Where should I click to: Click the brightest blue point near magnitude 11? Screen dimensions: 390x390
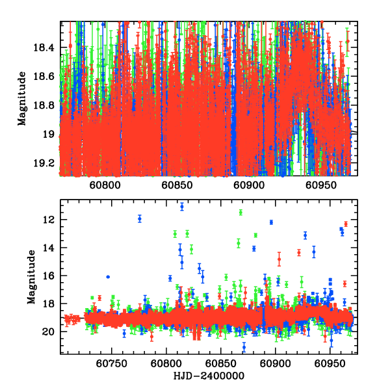point(181,207)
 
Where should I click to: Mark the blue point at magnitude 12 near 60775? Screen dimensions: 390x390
point(140,218)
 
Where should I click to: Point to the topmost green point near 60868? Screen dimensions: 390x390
point(240,213)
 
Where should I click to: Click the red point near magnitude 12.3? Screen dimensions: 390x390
point(346,224)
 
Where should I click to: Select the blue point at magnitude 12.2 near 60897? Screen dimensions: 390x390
point(271,222)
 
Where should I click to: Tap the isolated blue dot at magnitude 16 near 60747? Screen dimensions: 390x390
point(108,277)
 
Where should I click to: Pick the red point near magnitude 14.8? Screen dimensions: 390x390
point(279,259)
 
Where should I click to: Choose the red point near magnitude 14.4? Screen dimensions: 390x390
point(299,252)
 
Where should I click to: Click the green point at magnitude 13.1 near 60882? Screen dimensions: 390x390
point(255,235)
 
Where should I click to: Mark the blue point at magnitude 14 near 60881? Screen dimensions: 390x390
point(254,248)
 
